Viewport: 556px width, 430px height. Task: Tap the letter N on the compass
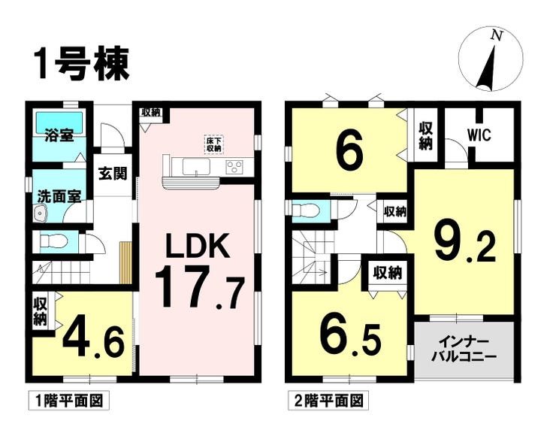(x=497, y=35)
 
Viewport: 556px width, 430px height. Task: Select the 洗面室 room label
(x=59, y=197)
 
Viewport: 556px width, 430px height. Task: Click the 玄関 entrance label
(x=112, y=174)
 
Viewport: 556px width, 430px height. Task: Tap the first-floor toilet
(x=53, y=241)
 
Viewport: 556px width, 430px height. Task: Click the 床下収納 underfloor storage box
(x=214, y=144)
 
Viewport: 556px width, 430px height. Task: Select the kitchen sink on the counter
(x=196, y=166)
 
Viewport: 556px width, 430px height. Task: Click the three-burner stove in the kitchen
(x=234, y=166)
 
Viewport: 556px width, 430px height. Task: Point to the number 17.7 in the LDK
(x=200, y=287)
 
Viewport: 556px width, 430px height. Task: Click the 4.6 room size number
(x=94, y=340)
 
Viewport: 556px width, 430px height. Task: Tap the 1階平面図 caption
(x=68, y=401)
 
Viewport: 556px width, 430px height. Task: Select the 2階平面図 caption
(x=328, y=401)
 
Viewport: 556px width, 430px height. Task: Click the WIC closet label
(x=479, y=135)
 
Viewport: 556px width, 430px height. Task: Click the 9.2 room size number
(x=464, y=243)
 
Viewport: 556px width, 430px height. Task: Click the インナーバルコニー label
(x=464, y=350)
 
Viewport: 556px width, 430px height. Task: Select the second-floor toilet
(x=307, y=210)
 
